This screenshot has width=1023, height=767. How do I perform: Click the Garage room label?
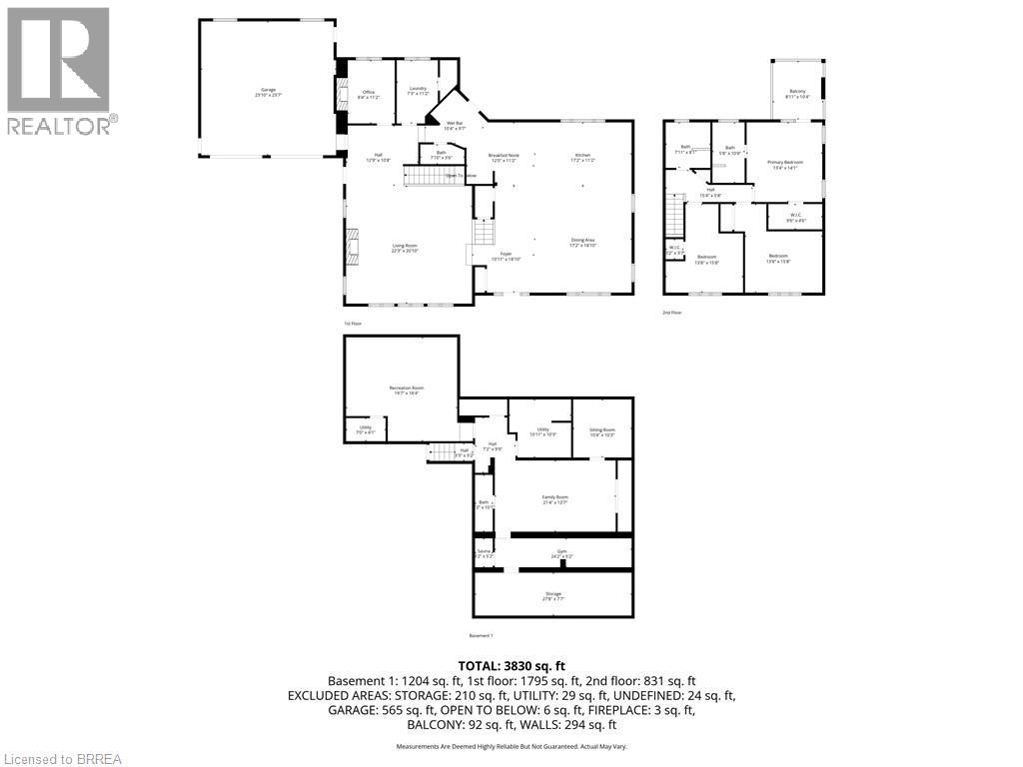267,92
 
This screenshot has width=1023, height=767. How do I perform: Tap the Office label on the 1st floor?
369,93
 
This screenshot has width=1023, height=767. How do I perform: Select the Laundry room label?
418,89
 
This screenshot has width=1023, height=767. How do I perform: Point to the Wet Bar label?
454,125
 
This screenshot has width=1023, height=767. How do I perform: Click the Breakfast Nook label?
504,156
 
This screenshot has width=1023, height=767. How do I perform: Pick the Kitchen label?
582,156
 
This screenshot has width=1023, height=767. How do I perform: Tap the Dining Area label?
582,241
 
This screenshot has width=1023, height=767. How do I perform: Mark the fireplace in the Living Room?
350,245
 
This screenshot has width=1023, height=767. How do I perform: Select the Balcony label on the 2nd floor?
796,93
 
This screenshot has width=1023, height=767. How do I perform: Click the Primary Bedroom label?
785,163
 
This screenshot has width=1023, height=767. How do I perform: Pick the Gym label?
561,551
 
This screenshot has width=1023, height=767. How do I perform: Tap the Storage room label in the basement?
552,594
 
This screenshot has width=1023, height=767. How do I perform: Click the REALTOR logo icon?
58,59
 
